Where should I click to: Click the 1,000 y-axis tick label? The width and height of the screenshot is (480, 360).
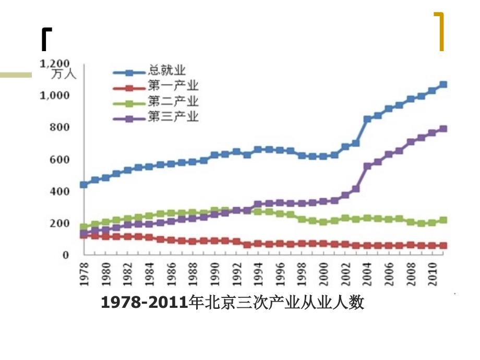pyautogui.click(x=55, y=95)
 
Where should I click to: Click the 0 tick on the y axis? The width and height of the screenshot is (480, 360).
pyautogui.click(x=66, y=255)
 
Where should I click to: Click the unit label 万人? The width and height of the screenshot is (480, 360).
pyautogui.click(x=65, y=74)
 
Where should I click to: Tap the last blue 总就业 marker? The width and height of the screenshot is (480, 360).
pyautogui.click(x=443, y=85)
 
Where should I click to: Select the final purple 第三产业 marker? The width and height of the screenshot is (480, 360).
pyautogui.click(x=443, y=129)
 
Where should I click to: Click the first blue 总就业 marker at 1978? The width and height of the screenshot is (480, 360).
pyautogui.click(x=83, y=185)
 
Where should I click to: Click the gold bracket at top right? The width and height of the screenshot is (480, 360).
pyautogui.click(x=440, y=31)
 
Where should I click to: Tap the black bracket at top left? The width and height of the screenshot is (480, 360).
pyautogui.click(x=46, y=40)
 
